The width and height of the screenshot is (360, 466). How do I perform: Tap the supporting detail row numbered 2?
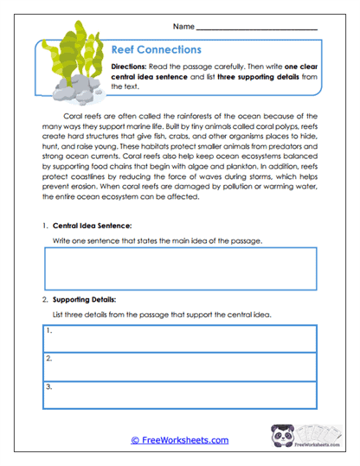[x=180, y=364]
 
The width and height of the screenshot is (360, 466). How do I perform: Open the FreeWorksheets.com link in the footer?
[x=179, y=440]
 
